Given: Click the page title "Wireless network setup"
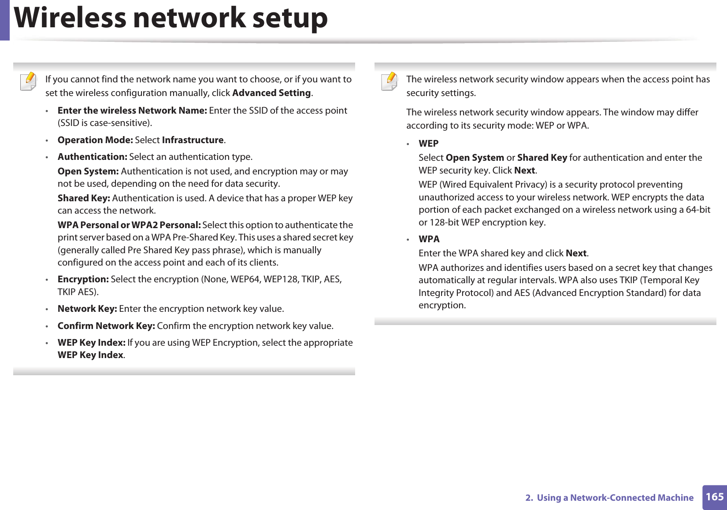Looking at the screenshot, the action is click(x=171, y=18).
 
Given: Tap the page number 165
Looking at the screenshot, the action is click(x=714, y=497).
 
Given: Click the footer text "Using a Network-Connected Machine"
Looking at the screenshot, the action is click(x=615, y=498).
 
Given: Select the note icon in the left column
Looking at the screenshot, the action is click(x=29, y=81).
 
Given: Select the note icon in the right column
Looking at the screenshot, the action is click(x=389, y=81).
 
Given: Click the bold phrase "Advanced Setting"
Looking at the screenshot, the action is click(x=271, y=93).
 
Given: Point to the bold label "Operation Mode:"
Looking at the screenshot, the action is click(x=95, y=140).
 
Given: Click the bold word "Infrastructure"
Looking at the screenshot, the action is click(x=193, y=140).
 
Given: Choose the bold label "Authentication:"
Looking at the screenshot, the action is click(x=93, y=157).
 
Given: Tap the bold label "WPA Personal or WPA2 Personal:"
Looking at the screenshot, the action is click(x=129, y=225).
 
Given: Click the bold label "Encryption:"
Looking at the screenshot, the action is click(x=83, y=279).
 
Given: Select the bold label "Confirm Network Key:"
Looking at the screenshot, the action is click(x=106, y=326).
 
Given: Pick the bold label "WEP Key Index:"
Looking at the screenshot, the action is click(x=92, y=343).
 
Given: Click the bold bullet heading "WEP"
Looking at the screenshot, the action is click(x=428, y=144).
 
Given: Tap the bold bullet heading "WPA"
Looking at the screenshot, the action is click(x=429, y=239).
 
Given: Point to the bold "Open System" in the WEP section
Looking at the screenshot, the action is click(x=475, y=158).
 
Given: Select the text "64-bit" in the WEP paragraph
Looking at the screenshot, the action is click(x=698, y=210).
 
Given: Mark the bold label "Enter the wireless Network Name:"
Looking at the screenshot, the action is click(x=132, y=111).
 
